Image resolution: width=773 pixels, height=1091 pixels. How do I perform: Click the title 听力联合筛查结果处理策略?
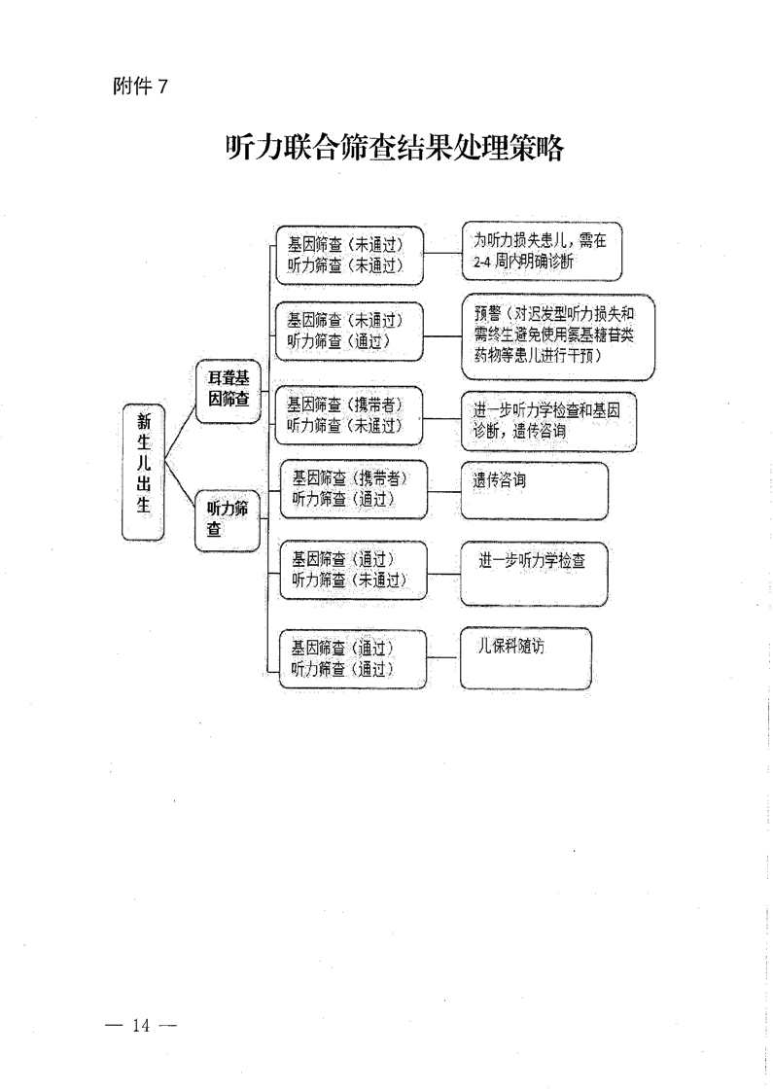click(394, 148)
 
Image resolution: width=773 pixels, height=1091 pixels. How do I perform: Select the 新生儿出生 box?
click(143, 471)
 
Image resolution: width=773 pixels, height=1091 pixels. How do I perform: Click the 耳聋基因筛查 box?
click(228, 391)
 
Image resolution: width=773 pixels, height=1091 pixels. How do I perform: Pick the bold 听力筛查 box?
click(228, 518)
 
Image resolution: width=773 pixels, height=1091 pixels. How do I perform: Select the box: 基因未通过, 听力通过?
click(349, 330)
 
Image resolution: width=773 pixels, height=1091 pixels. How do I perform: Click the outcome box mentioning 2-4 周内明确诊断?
click(541, 251)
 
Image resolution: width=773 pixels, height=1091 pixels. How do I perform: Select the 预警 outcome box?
click(557, 335)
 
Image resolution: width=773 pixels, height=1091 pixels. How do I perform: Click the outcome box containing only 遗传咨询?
click(534, 490)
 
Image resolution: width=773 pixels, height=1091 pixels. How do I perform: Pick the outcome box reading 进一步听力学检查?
click(534, 572)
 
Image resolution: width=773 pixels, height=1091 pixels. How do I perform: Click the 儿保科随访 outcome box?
click(525, 656)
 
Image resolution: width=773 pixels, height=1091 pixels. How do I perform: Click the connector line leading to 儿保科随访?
click(442, 656)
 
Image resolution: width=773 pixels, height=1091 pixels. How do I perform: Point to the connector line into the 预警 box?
click(442, 336)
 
